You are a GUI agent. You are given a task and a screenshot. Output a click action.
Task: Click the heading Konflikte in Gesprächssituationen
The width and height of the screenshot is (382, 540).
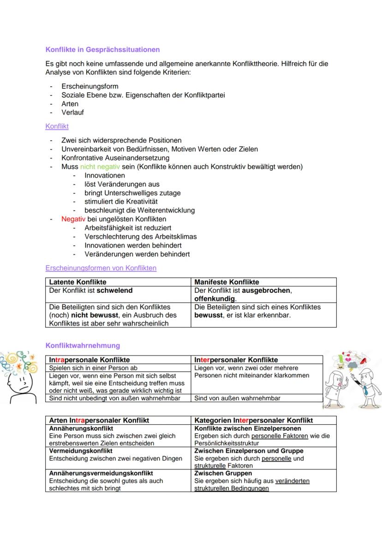tap(102, 49)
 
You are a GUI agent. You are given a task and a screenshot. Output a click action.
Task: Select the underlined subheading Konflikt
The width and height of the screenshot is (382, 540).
tap(57, 126)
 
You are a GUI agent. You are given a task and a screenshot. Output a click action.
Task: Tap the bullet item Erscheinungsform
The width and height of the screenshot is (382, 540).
tap(90, 86)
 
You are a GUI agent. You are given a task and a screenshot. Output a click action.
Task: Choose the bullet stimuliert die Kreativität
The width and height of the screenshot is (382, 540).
tap(121, 202)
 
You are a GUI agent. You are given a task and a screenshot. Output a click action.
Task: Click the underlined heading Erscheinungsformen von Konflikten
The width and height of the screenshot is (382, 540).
tap(101, 268)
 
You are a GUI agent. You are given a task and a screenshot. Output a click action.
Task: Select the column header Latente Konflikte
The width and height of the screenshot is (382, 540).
tap(78, 282)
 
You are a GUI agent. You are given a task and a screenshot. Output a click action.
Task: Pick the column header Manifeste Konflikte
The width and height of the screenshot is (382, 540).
tap(227, 282)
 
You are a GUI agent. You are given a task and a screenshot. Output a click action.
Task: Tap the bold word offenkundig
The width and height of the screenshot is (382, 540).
tap(215, 299)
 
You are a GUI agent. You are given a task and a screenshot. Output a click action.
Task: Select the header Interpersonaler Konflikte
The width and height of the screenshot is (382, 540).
tap(236, 360)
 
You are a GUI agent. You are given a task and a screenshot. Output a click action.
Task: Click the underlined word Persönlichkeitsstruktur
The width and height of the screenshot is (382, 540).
tap(227, 443)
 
